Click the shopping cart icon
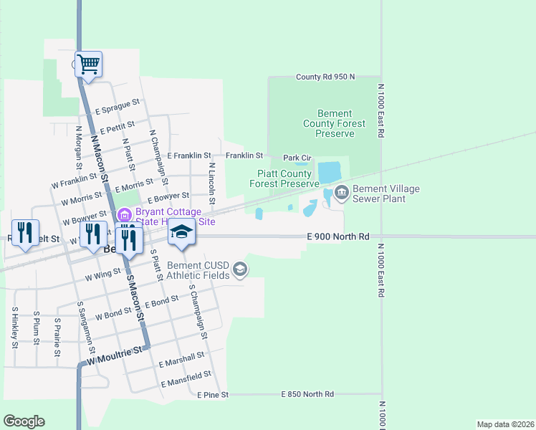89,64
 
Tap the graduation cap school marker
182,234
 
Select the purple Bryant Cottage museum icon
123,214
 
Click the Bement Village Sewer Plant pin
341,191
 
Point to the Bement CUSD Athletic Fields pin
240,269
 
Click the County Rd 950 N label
325,77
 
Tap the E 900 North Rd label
338,236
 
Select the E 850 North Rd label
307,394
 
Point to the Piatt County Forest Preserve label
284,178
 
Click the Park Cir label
297,158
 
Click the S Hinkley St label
14,327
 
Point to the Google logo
24,421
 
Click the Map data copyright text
505,424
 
